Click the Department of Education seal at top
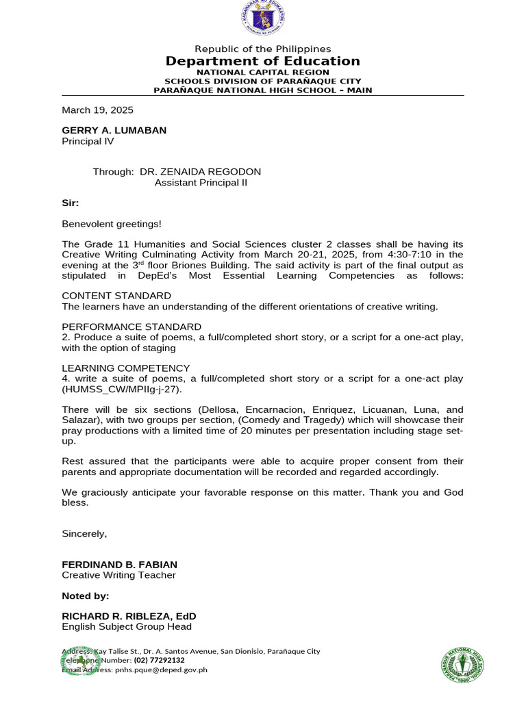click(262, 19)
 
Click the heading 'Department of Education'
click(262, 62)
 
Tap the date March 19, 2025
click(97, 110)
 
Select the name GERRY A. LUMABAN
click(114, 130)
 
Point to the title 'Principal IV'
click(88, 142)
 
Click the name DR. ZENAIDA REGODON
click(200, 172)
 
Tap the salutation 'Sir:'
click(71, 203)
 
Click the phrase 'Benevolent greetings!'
click(112, 223)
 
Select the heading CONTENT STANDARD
click(116, 296)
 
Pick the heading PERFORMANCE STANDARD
click(131, 327)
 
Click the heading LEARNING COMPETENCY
click(125, 368)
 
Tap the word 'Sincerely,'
click(84, 533)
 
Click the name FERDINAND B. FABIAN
click(119, 564)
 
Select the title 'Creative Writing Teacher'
click(118, 575)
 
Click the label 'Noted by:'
click(85, 596)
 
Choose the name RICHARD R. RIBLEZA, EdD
click(129, 616)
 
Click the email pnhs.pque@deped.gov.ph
click(158, 670)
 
